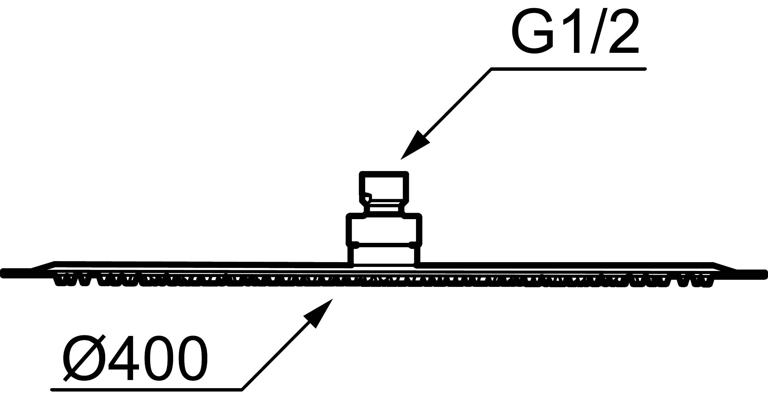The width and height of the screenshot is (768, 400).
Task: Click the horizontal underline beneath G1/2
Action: [568, 69]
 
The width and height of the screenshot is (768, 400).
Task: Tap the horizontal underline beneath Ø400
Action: [145, 390]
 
